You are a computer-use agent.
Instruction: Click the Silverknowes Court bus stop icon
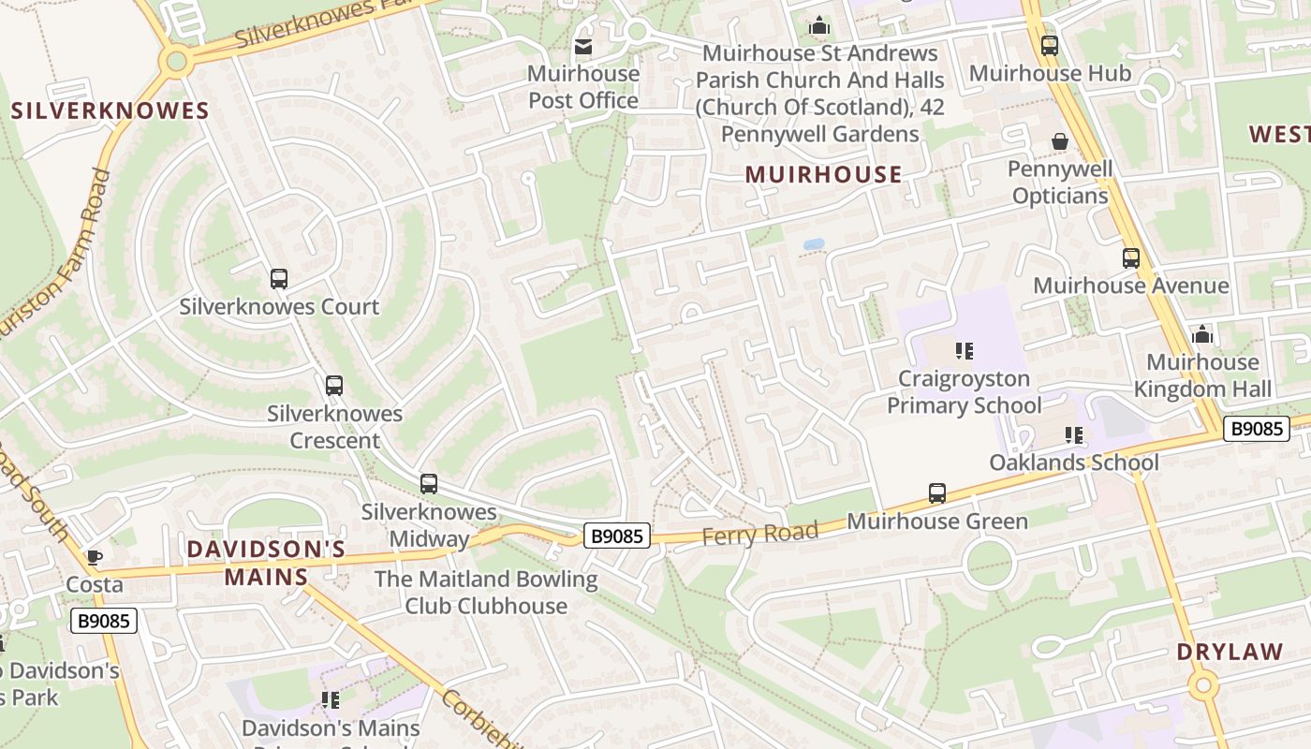pyautogui.click(x=278, y=278)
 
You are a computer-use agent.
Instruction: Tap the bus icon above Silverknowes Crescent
pyautogui.click(x=333, y=385)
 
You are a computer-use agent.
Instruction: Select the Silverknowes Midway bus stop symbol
pyautogui.click(x=428, y=483)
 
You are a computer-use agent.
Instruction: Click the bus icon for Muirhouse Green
pyautogui.click(x=936, y=492)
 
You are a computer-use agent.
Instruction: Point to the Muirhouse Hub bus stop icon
pyautogui.click(x=1049, y=45)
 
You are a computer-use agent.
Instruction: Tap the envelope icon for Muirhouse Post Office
pyautogui.click(x=582, y=46)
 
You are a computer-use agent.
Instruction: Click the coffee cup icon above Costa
pyautogui.click(x=94, y=557)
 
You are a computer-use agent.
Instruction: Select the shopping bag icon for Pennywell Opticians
pyautogui.click(x=1059, y=141)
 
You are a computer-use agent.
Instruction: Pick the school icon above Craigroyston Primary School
pyautogui.click(x=964, y=351)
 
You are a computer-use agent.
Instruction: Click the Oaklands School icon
pyautogui.click(x=1073, y=434)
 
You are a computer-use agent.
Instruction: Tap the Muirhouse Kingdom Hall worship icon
pyautogui.click(x=1201, y=334)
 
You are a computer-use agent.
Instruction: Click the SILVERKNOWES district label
pyautogui.click(x=110, y=111)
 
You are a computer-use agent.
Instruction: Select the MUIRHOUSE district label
pyautogui.click(x=823, y=174)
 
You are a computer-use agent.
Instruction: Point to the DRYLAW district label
pyautogui.click(x=1230, y=653)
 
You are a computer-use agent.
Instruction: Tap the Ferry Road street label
pyautogui.click(x=759, y=534)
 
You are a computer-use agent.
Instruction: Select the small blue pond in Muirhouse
pyautogui.click(x=813, y=244)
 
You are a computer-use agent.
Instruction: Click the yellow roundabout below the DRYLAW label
pyautogui.click(x=1203, y=686)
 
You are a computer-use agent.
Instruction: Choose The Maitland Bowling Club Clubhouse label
pyautogui.click(x=485, y=593)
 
